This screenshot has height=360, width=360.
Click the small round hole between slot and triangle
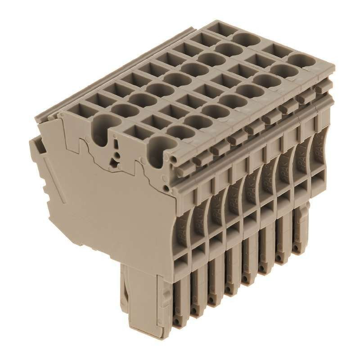tap(117, 153)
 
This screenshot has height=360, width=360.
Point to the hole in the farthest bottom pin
tap(297, 248)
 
